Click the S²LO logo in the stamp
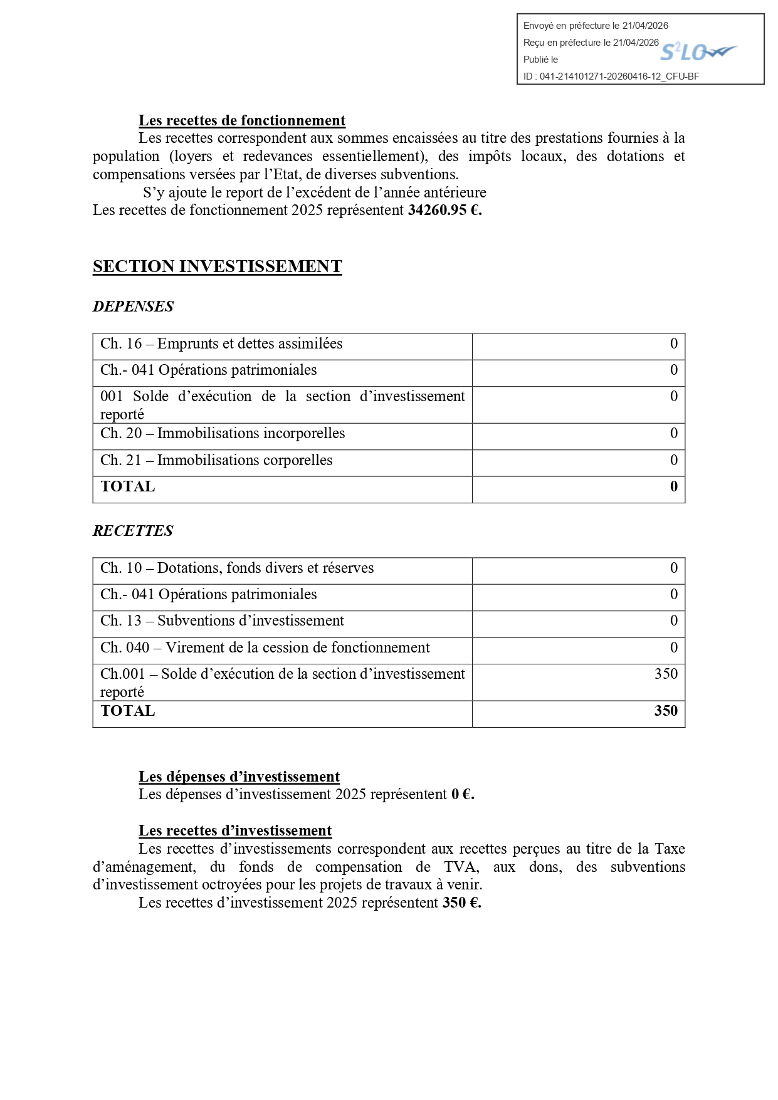point(698,52)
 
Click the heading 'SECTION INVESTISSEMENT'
point(217,266)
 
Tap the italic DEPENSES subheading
point(133,306)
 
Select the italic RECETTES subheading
point(133,531)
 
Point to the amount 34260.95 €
point(444,210)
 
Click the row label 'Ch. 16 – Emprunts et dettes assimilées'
point(221,344)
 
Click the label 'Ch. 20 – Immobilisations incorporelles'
point(223,434)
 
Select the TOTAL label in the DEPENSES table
point(128,487)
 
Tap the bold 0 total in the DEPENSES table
point(673,487)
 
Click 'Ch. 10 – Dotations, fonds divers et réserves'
point(237,568)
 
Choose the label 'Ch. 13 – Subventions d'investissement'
point(222,621)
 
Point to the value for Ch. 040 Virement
point(673,648)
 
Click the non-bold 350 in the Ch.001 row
point(666,674)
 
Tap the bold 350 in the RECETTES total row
point(666,711)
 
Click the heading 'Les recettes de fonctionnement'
point(242,121)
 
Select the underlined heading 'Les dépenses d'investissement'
point(239,777)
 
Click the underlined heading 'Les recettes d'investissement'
point(235,831)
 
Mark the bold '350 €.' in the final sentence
point(461,903)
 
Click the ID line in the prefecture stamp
point(611,76)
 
